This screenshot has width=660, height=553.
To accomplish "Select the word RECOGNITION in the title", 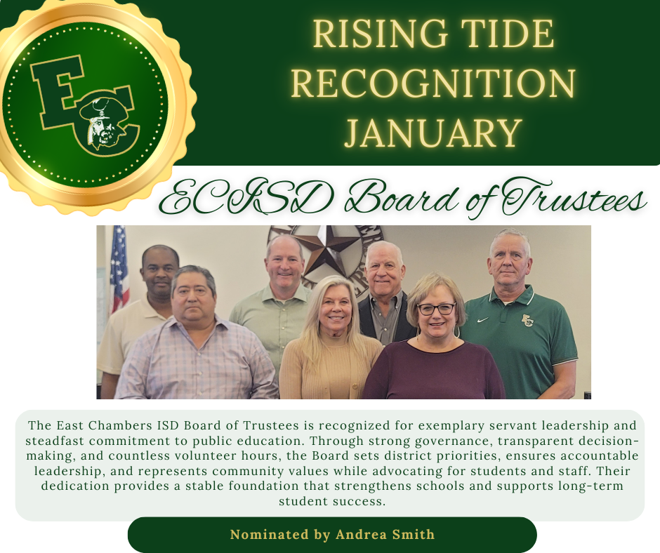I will point(433,84).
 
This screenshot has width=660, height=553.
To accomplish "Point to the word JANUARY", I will point(433,133).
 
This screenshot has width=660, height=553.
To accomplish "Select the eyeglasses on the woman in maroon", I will point(436,309).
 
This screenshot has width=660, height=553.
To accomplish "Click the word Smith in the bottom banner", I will point(414,535).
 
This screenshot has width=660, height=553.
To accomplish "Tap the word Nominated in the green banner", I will point(270,535).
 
